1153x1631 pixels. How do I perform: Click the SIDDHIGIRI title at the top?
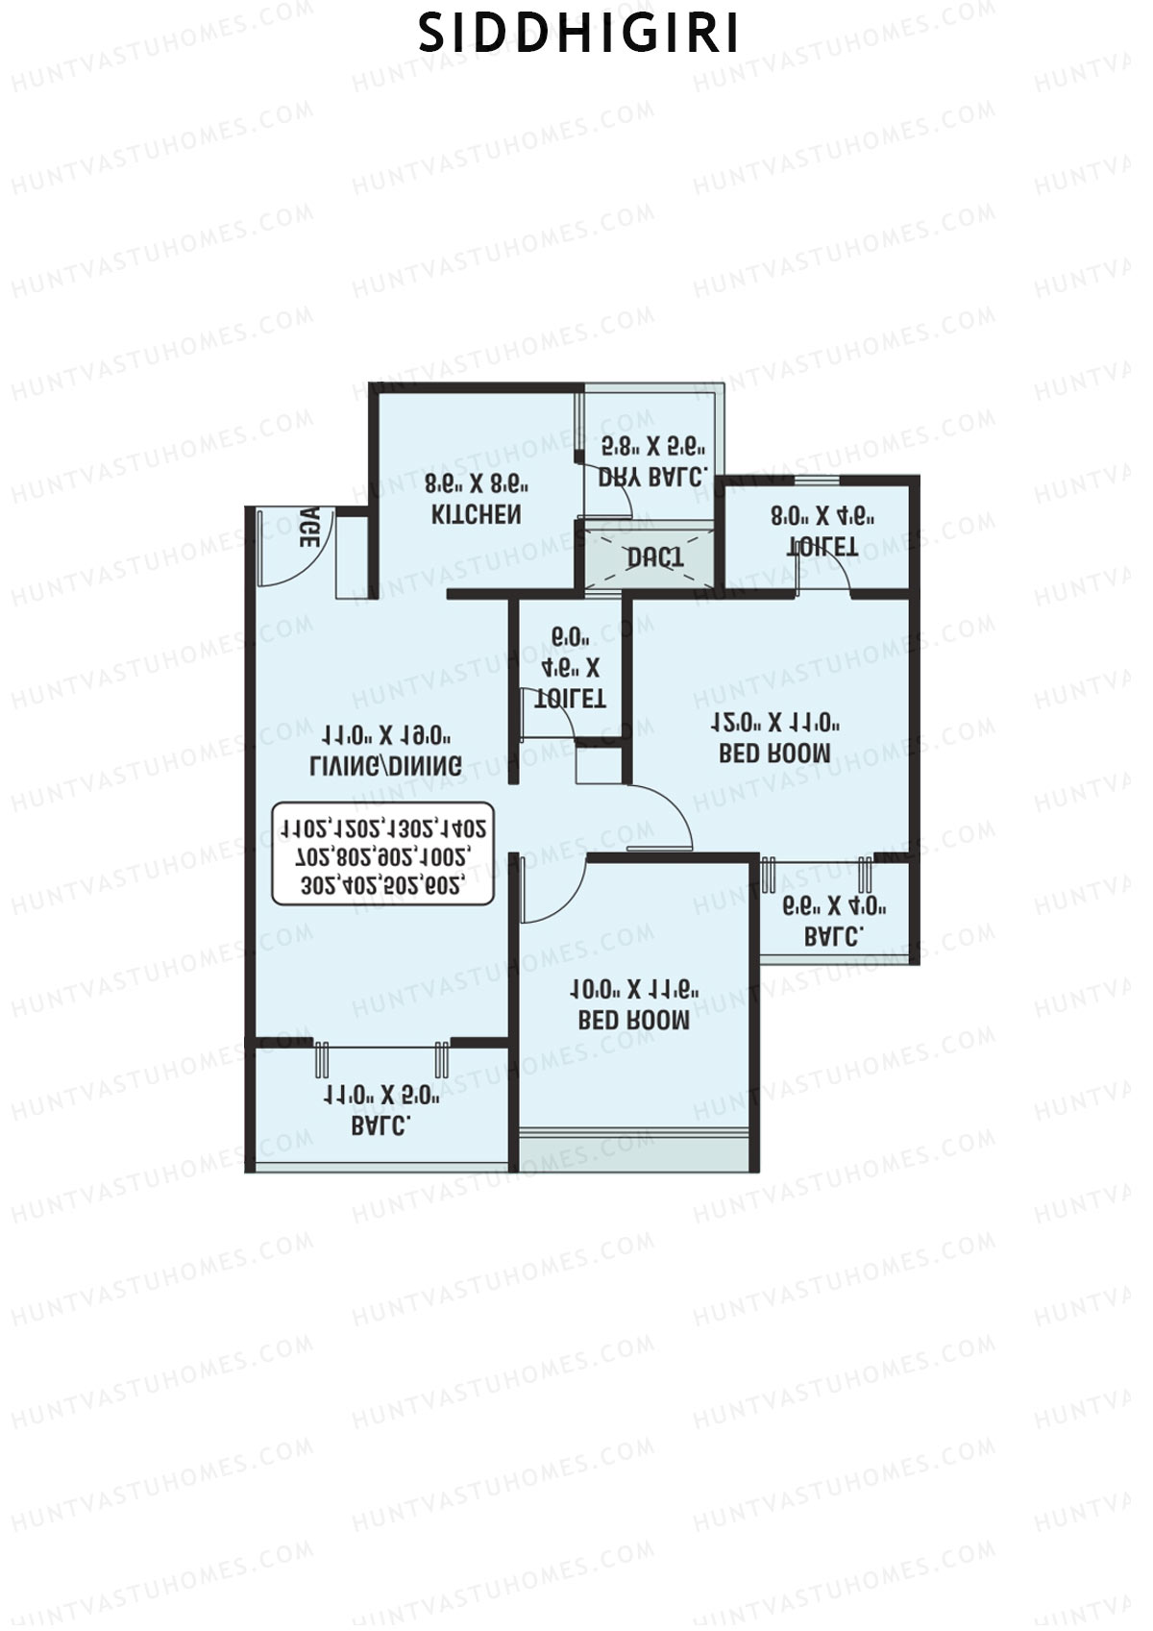click(579, 35)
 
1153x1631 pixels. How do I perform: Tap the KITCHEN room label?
click(477, 514)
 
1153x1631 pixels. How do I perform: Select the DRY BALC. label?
click(653, 476)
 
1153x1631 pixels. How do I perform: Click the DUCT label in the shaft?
click(655, 557)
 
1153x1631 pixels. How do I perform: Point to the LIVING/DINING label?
click(385, 765)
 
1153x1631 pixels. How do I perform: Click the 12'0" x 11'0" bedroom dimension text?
click(775, 723)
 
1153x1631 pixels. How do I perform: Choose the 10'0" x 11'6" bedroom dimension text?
click(634, 989)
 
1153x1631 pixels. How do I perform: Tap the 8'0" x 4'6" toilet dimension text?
click(822, 516)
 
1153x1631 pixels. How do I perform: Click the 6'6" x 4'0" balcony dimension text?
click(833, 905)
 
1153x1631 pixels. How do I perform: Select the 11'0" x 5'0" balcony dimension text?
click(381, 1095)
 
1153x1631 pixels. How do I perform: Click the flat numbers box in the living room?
click(382, 854)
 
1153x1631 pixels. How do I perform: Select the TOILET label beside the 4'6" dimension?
click(570, 698)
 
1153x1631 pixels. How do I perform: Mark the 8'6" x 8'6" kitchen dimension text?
click(477, 482)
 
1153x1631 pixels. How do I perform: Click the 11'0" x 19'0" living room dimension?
click(385, 735)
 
